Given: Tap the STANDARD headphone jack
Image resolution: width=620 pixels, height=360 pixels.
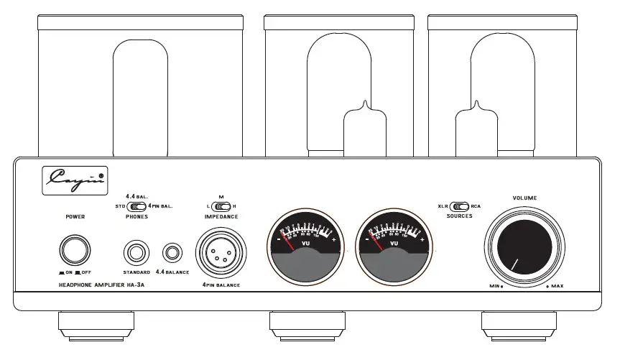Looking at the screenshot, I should (136, 253).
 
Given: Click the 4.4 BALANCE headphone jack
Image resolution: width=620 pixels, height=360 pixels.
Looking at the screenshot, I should (171, 253).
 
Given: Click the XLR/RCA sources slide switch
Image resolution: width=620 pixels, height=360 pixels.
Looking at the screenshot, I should (460, 207).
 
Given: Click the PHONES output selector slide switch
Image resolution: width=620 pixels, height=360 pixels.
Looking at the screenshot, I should (137, 207).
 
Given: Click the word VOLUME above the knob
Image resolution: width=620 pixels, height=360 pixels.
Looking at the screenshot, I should (524, 197).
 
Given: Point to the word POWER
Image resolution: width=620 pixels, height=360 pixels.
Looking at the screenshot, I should (75, 216).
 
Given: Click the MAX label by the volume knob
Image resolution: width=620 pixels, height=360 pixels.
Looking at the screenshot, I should (557, 287).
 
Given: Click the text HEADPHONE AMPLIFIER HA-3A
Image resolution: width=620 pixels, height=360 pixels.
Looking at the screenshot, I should (101, 285).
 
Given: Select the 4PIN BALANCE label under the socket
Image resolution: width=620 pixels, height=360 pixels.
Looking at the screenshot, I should (221, 285).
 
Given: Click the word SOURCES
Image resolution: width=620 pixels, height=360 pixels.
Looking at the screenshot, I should (459, 216).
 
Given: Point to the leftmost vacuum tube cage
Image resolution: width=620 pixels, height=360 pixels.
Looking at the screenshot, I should (140, 86).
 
